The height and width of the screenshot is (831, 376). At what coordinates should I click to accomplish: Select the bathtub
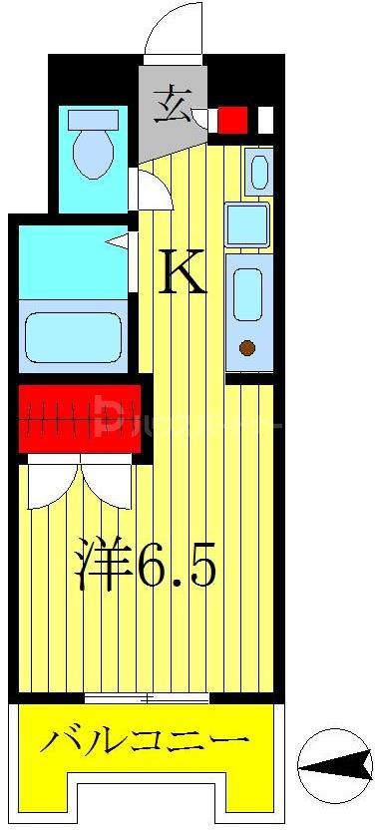tap(73, 336)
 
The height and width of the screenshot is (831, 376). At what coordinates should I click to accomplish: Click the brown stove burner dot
tap(246, 349)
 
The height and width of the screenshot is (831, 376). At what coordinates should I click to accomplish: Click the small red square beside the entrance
tap(232, 120)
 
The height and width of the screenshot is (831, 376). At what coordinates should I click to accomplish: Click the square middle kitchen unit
tap(246, 224)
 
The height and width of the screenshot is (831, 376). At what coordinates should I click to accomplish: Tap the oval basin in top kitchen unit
tap(258, 171)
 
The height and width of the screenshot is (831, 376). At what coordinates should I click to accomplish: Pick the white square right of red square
tap(264, 120)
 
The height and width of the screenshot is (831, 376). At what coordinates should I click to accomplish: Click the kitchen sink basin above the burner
tap(247, 294)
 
